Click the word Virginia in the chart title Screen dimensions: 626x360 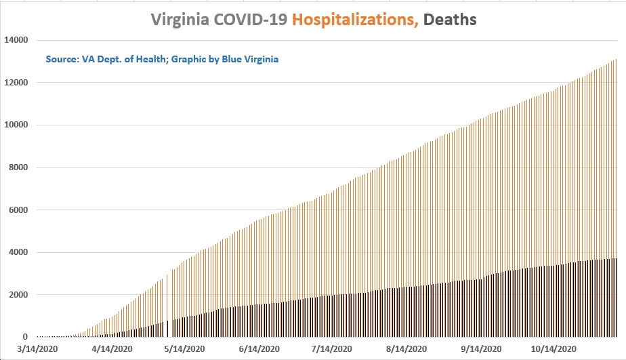[x=180, y=20]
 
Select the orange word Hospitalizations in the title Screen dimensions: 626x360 [x=355, y=20]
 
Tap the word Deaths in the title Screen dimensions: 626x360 [x=450, y=19]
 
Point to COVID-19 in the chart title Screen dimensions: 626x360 [x=250, y=19]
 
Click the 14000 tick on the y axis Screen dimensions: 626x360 [x=16, y=40]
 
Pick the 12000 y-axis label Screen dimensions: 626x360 [x=16, y=83]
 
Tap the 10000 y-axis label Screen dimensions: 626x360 [x=16, y=125]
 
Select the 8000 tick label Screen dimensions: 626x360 [x=18, y=167]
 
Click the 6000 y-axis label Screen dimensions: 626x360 [x=18, y=209]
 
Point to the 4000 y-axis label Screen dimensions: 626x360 [x=18, y=252]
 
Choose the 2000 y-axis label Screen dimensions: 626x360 [x=18, y=295]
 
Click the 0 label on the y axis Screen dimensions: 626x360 [x=25, y=337]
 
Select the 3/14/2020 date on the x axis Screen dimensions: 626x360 [x=37, y=348]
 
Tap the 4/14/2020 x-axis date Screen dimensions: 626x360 [x=112, y=348]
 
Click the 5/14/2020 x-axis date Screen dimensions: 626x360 [x=184, y=348]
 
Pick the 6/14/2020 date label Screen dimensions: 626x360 [x=259, y=348]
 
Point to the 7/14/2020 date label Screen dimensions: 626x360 [x=332, y=348]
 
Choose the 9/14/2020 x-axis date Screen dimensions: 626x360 [x=481, y=348]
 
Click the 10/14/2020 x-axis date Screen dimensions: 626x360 [x=554, y=348]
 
